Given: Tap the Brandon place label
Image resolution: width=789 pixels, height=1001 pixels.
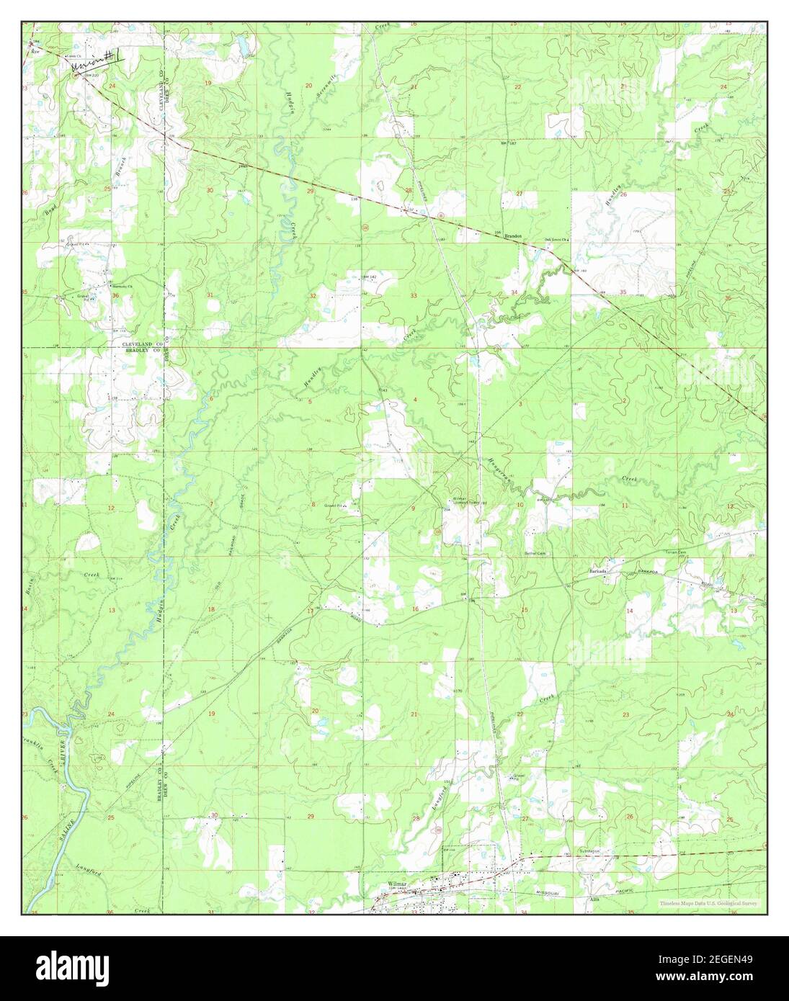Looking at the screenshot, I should tap(512, 235).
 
